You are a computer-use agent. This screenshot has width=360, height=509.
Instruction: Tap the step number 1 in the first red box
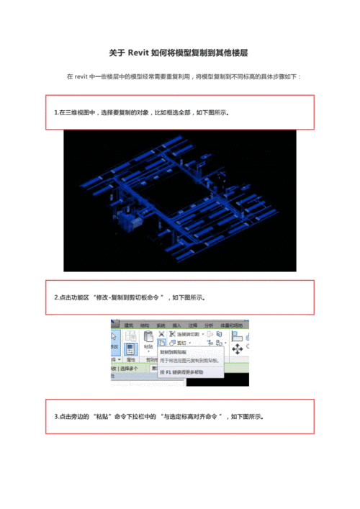[55, 113]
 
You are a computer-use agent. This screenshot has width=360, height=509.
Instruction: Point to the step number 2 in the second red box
[55, 297]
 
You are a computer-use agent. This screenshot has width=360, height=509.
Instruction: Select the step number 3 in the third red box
[55, 417]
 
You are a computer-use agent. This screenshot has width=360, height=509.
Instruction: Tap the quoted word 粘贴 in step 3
[102, 417]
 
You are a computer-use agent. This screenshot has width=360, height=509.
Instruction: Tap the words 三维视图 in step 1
[79, 113]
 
